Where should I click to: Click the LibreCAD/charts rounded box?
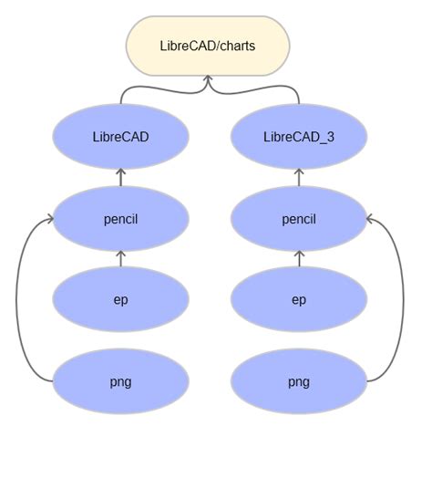[x=208, y=46]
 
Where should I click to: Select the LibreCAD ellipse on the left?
[x=120, y=137]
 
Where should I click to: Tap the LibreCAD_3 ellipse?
[x=299, y=137]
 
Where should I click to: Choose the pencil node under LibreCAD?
[x=120, y=219]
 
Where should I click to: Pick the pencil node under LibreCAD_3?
[x=299, y=219]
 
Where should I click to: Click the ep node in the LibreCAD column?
[x=120, y=299]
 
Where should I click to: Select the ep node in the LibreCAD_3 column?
[x=299, y=299]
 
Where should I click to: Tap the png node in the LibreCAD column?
[x=120, y=381]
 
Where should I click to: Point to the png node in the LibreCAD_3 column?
[x=299, y=381]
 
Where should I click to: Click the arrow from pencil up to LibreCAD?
[x=120, y=177]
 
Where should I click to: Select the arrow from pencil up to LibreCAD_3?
[x=299, y=177]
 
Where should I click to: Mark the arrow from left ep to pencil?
[x=120, y=258]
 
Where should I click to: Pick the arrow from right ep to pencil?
[x=299, y=258]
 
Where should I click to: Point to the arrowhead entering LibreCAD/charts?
[x=208, y=80]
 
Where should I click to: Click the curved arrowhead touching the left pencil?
[x=49, y=219]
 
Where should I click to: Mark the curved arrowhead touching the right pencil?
[x=370, y=219]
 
